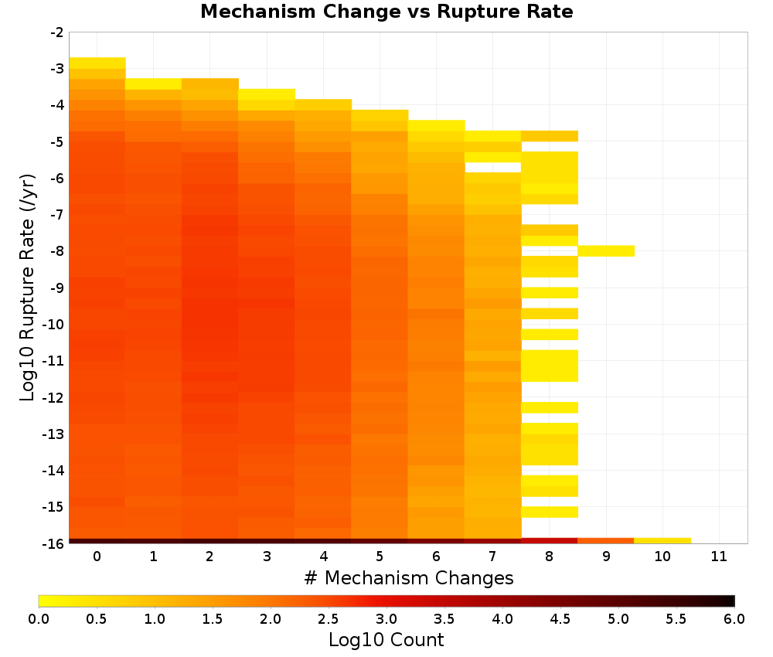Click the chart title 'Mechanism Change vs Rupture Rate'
(x=386, y=12)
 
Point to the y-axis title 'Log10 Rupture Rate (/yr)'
(x=28, y=288)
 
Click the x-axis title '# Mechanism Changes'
(x=409, y=577)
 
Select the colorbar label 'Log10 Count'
(x=386, y=640)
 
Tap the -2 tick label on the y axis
(x=57, y=32)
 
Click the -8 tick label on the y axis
(x=57, y=251)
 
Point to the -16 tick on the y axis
(x=54, y=543)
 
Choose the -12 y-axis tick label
(x=54, y=397)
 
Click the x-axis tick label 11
(x=719, y=557)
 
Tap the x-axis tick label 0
(x=97, y=557)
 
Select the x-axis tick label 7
(x=492, y=557)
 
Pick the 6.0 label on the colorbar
(x=734, y=619)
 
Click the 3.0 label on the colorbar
(x=386, y=619)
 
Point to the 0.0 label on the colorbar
(x=39, y=619)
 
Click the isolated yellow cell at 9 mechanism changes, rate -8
(x=606, y=251)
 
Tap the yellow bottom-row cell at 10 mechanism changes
(x=662, y=541)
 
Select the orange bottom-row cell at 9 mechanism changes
(x=606, y=541)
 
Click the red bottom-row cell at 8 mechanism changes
(x=550, y=541)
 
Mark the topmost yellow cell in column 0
(x=97, y=63)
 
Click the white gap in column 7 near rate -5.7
(x=493, y=168)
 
